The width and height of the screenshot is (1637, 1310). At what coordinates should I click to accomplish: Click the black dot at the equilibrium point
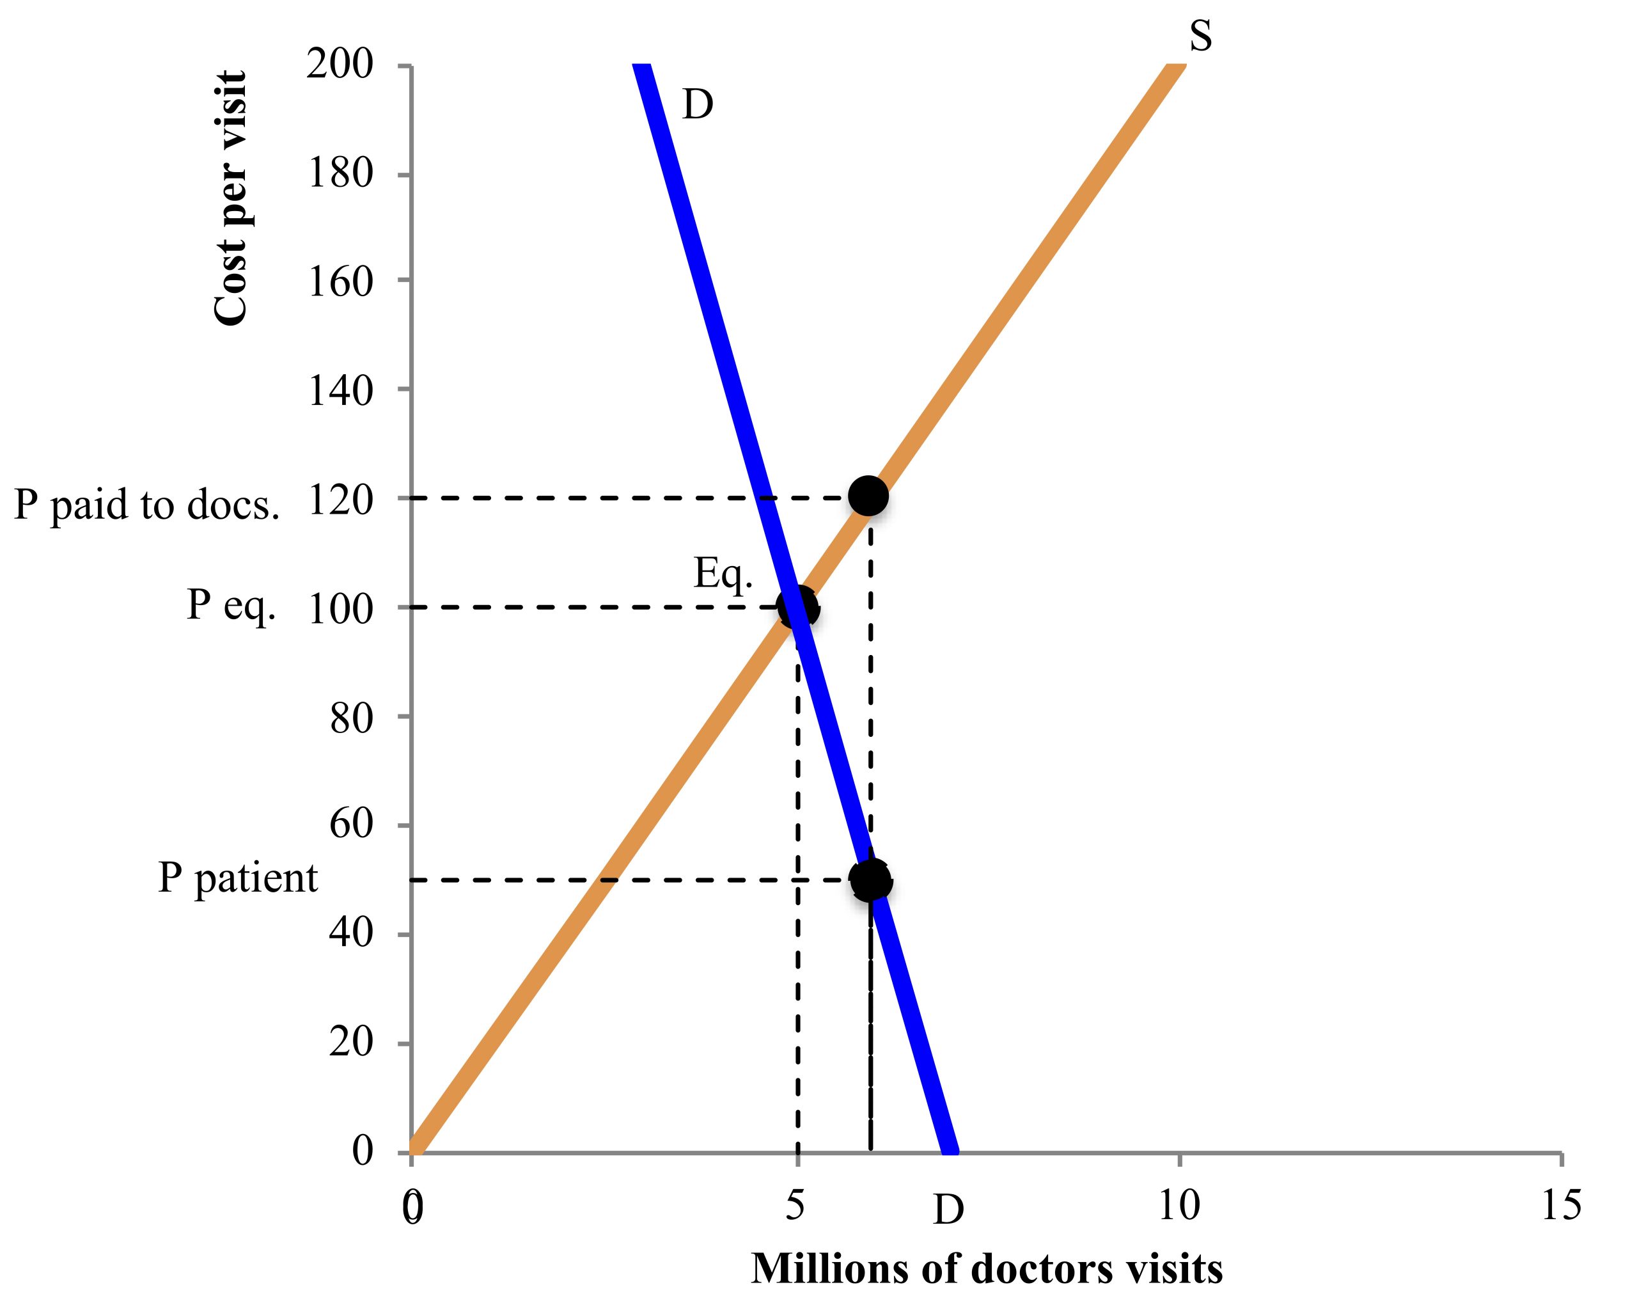point(797,608)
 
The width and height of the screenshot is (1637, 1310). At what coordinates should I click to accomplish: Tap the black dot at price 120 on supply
point(868,496)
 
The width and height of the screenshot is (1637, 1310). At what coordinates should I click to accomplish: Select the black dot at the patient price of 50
point(870,880)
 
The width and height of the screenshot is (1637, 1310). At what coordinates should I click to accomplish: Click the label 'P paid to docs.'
point(146,504)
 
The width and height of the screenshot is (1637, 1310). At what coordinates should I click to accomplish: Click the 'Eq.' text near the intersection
point(723,574)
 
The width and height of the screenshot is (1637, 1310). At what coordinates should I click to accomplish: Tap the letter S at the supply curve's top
point(1200,36)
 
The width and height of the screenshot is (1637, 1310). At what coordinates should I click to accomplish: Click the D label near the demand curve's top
point(698,105)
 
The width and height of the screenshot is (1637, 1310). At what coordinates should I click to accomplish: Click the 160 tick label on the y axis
point(340,283)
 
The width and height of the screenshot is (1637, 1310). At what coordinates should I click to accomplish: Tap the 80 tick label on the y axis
point(352,718)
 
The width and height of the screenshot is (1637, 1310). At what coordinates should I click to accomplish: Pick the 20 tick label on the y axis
point(352,1043)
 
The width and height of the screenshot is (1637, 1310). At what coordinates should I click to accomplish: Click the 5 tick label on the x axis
point(795,1205)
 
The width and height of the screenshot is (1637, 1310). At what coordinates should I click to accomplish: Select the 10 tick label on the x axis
point(1179,1205)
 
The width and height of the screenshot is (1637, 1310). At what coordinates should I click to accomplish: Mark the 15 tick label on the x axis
point(1562,1205)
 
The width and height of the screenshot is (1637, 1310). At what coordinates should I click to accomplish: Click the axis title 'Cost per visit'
point(230,199)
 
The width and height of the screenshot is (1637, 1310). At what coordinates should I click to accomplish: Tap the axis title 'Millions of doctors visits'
point(986,1269)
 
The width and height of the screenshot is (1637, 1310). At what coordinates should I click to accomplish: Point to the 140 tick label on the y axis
point(340,392)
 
